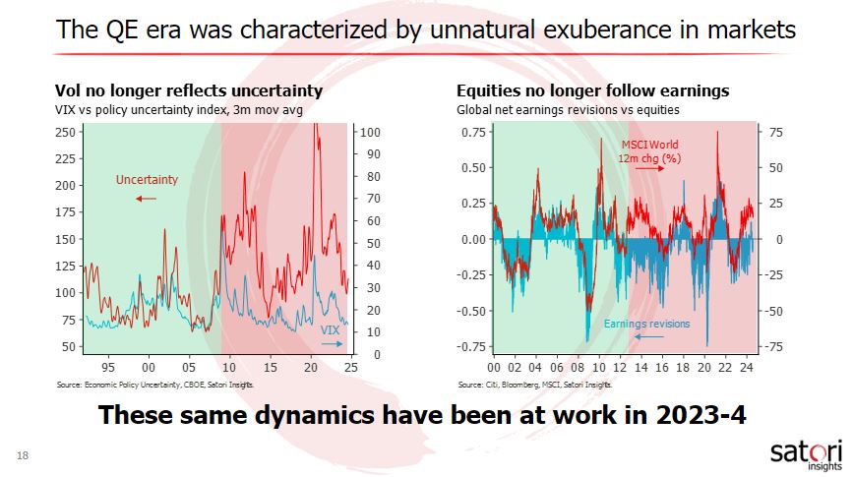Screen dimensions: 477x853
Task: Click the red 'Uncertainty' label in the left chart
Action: click(x=147, y=180)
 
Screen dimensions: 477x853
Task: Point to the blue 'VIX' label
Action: click(x=331, y=331)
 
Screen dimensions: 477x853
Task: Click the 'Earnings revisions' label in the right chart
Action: click(x=646, y=324)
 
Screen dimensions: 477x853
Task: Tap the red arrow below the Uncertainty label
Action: click(x=146, y=198)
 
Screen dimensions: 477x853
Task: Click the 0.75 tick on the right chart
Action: click(x=473, y=132)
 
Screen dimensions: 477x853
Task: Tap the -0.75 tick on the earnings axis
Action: click(x=471, y=346)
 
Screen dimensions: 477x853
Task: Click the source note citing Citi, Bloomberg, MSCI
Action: click(x=528, y=385)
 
